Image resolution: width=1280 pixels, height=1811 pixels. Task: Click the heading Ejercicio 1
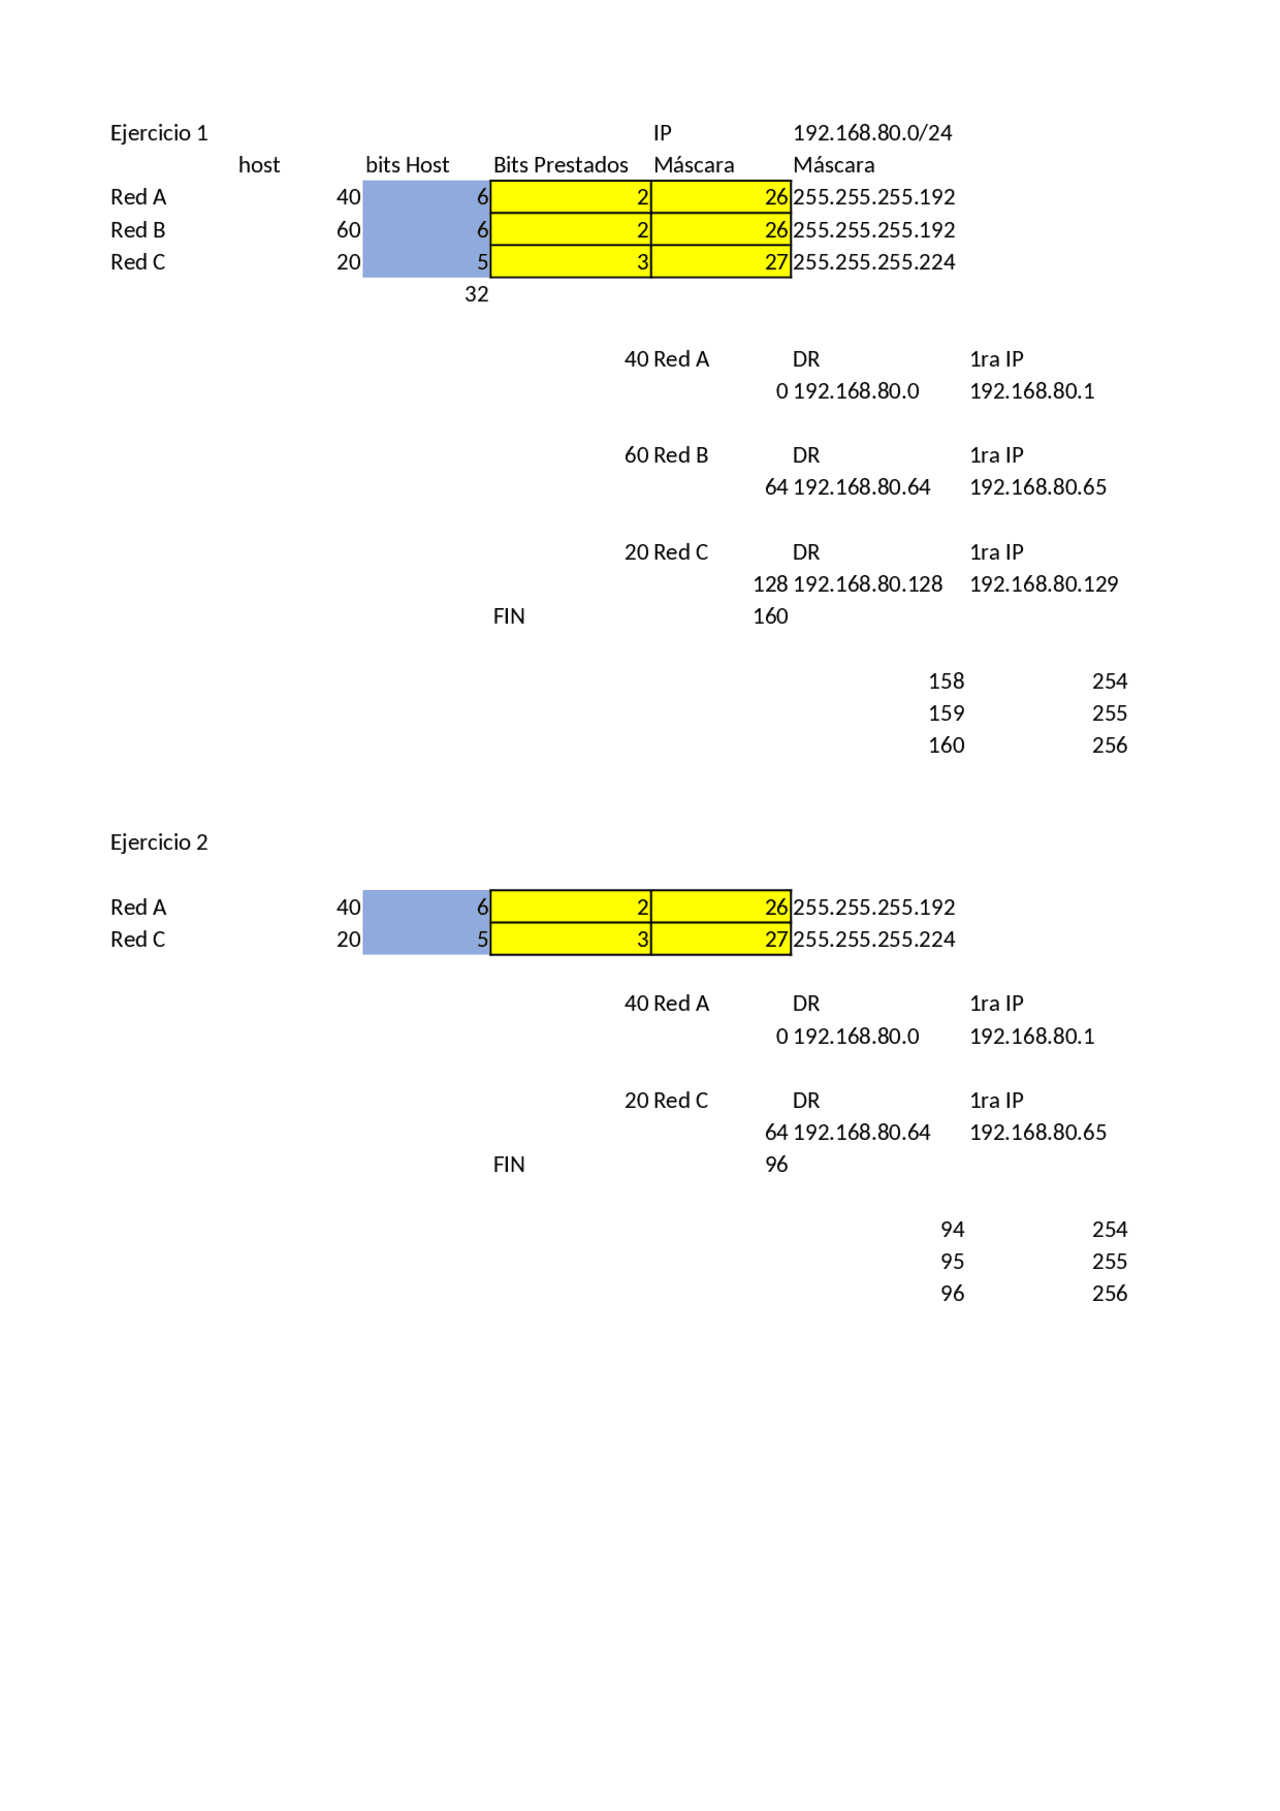coord(159,133)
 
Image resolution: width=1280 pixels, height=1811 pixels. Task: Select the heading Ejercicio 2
coord(159,842)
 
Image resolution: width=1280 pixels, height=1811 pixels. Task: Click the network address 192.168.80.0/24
coord(872,133)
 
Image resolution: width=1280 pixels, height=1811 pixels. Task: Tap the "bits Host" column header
coord(407,165)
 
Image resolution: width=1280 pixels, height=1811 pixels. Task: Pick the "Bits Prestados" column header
coord(561,165)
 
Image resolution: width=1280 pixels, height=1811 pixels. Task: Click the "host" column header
coord(259,165)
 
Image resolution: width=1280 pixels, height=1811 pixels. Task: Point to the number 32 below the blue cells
coord(477,294)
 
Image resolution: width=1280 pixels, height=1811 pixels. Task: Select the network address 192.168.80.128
coord(868,584)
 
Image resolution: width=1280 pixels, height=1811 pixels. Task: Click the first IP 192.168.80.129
coord(1044,584)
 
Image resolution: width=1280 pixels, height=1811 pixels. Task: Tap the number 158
coord(946,681)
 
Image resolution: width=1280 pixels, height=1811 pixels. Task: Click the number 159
coord(946,713)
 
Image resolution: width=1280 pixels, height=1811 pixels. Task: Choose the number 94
coord(952,1229)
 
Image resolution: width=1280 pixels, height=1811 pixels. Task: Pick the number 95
coord(952,1261)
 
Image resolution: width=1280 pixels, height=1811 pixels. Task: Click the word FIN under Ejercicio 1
coord(509,616)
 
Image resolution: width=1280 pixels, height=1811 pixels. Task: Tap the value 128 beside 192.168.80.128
coord(770,584)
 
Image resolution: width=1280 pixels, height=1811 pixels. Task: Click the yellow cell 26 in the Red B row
coord(721,230)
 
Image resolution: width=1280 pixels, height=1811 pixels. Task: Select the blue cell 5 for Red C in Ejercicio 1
coord(426,262)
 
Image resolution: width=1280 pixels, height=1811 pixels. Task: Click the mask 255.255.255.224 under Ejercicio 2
coord(874,939)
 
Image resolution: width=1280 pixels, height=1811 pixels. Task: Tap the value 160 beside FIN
coord(770,616)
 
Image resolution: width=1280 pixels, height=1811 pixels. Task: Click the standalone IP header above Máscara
coord(663,133)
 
